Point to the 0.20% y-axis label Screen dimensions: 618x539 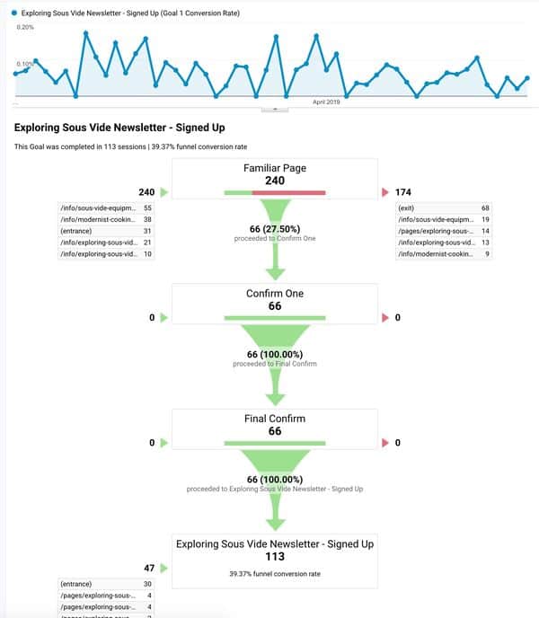pyautogui.click(x=25, y=28)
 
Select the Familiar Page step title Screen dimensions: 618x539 pyautogui.click(x=274, y=168)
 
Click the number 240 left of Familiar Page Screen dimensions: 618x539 pyautogui.click(x=147, y=192)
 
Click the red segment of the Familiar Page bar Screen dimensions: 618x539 pyautogui.click(x=288, y=192)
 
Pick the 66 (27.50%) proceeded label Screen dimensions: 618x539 pyautogui.click(x=274, y=229)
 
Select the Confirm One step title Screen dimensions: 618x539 pyautogui.click(x=274, y=294)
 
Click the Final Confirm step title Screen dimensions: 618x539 pyautogui.click(x=274, y=419)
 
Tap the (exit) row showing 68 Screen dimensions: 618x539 pyautogui.click(x=445, y=208)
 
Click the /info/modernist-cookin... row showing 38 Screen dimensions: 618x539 pyautogui.click(x=104, y=219)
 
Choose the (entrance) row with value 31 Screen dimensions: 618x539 pyautogui.click(x=104, y=231)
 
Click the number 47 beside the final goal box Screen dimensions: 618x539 pyautogui.click(x=149, y=568)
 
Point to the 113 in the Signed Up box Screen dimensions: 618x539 pyautogui.click(x=274, y=556)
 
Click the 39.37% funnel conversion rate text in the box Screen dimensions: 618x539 pyautogui.click(x=274, y=573)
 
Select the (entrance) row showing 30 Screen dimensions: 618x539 pyautogui.click(x=104, y=584)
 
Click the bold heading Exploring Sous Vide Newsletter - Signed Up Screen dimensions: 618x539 pyautogui.click(x=119, y=128)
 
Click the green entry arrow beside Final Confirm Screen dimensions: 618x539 pyautogui.click(x=163, y=442)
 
